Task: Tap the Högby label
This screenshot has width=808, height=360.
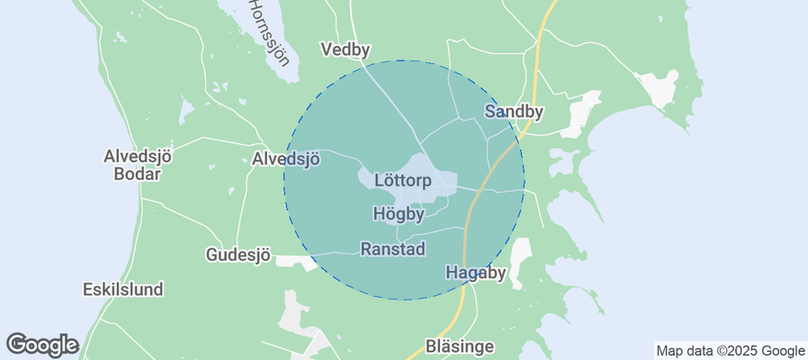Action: tap(399, 214)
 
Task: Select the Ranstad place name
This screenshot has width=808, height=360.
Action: tap(392, 248)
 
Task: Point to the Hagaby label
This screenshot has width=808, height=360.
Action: tap(476, 273)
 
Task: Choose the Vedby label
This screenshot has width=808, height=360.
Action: tap(346, 50)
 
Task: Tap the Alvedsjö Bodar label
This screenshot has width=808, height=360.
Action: tap(138, 165)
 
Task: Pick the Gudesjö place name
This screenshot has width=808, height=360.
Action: tap(238, 255)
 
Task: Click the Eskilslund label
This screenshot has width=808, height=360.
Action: tap(122, 290)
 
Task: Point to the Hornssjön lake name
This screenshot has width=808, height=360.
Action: tap(269, 31)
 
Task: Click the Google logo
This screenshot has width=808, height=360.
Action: tap(42, 344)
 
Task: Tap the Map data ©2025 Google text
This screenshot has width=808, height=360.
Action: tap(730, 351)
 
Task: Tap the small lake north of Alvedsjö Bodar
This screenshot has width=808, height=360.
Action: tap(185, 111)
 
